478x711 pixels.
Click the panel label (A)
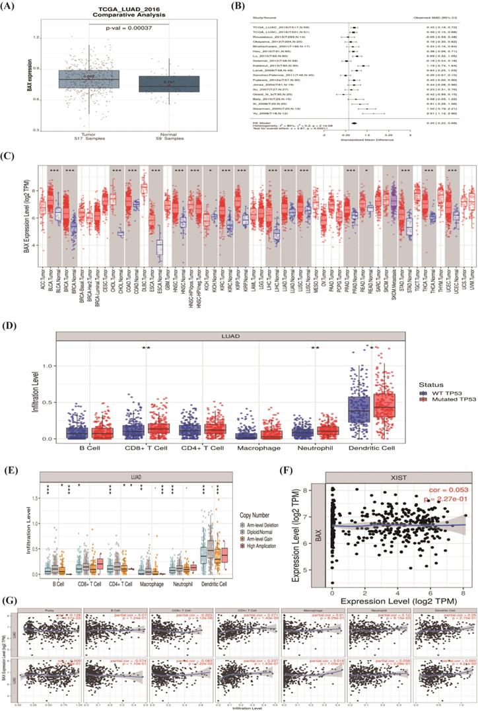(13, 8)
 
